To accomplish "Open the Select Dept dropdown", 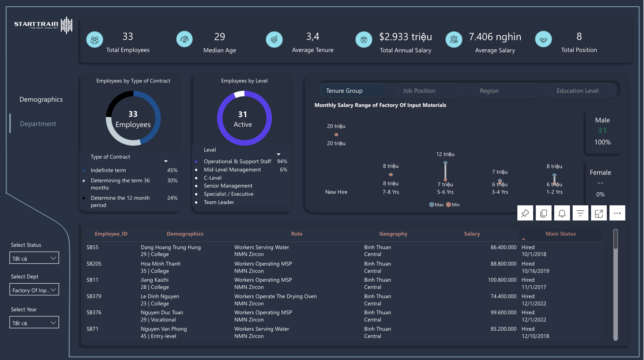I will [34, 290].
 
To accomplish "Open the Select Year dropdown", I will [34, 322].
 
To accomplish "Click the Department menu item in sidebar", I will [38, 124].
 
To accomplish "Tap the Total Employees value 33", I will [128, 37].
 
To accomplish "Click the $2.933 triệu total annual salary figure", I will [405, 37].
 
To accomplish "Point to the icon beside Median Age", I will [185, 39].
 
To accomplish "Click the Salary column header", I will [472, 234].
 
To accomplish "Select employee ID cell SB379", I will [94, 296].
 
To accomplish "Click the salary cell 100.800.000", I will [502, 280].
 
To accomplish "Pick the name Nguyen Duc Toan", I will [162, 312].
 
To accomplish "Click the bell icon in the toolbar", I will [562, 213].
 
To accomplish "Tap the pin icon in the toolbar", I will [525, 213].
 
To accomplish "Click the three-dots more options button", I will [617, 213].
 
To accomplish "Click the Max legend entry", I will [436, 205].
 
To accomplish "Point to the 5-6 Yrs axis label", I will [445, 192].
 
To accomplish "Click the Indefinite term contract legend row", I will [108, 170].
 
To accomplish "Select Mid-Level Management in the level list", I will [232, 169].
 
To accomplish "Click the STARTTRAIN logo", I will [43, 25].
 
